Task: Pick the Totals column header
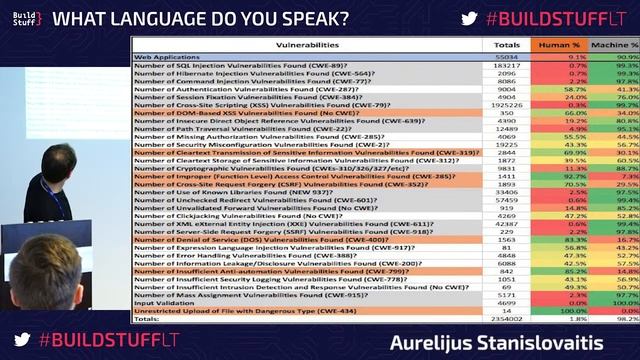[508, 45]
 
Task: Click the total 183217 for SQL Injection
[508, 64]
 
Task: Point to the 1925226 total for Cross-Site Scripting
[508, 103]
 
